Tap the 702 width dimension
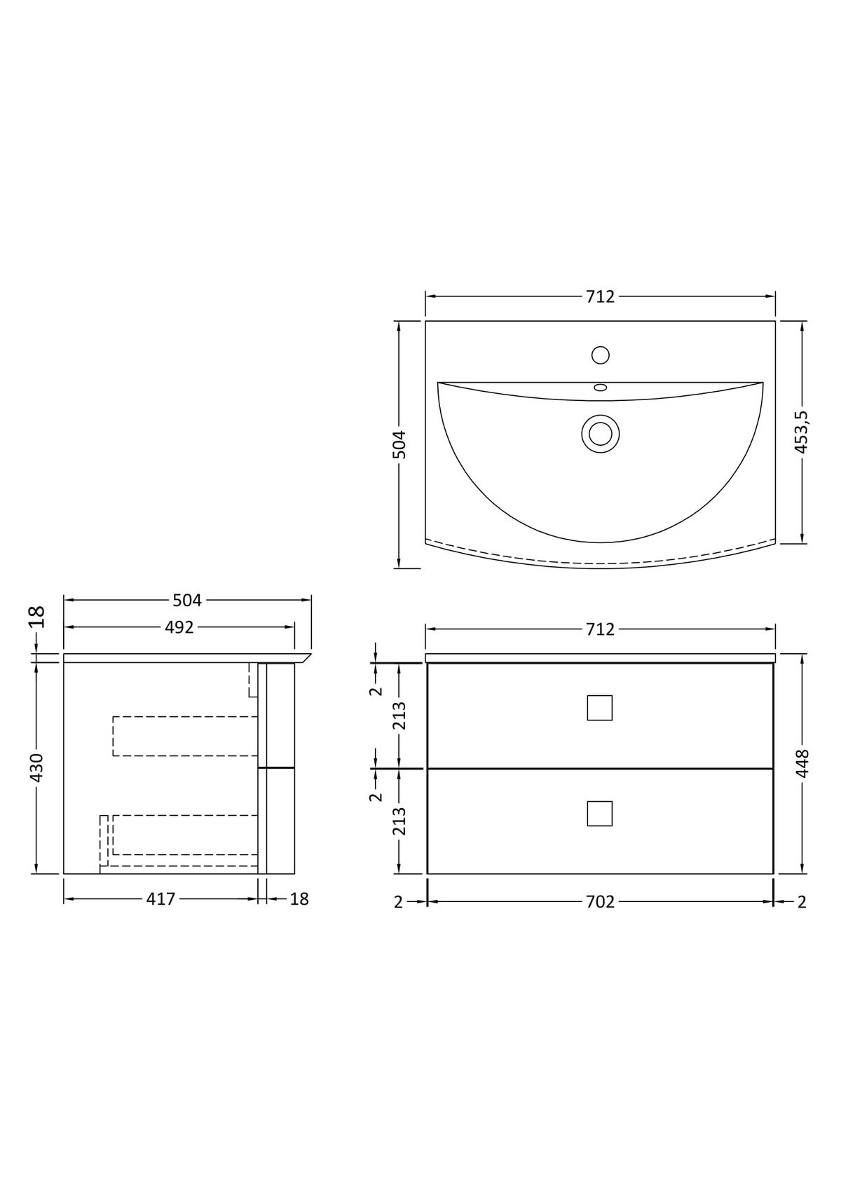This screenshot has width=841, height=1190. [x=601, y=901]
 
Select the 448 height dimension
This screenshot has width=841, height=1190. [x=802, y=763]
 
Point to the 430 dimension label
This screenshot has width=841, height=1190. [x=36, y=767]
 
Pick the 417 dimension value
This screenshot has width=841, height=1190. [x=160, y=899]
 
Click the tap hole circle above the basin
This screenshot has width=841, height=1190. [x=601, y=355]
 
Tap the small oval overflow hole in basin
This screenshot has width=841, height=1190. [x=601, y=388]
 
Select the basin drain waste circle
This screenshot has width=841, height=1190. [x=601, y=434]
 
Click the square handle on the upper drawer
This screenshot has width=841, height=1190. [x=600, y=708]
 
